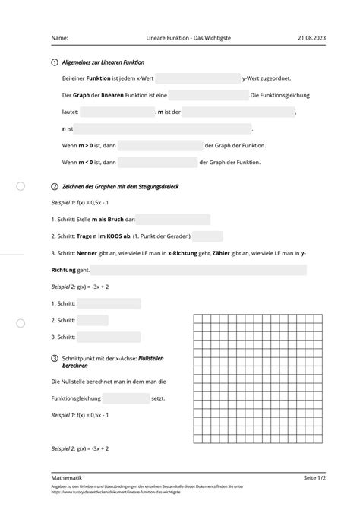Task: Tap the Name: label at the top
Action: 59,37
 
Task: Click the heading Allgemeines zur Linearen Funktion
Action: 103,62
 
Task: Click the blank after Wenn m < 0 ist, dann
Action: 157,162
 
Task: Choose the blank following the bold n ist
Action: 163,128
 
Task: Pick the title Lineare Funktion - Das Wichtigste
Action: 180,37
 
